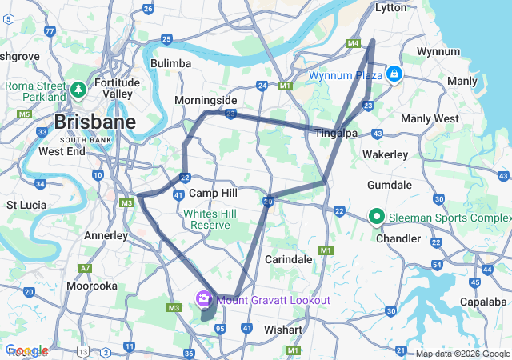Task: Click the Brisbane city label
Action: pyautogui.click(x=95, y=123)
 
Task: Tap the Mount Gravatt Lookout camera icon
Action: pyautogui.click(x=204, y=300)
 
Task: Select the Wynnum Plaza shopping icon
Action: pyautogui.click(x=394, y=74)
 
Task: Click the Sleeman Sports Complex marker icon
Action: pyautogui.click(x=376, y=217)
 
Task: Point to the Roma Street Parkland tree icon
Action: pyautogui.click(x=78, y=89)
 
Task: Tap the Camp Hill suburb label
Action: pyautogui.click(x=213, y=194)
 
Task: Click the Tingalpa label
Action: pyautogui.click(x=336, y=133)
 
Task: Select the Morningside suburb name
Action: pyautogui.click(x=206, y=101)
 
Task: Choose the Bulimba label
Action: pyautogui.click(x=170, y=63)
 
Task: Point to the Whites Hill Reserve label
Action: pyautogui.click(x=206, y=219)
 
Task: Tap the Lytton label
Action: pyautogui.click(x=391, y=6)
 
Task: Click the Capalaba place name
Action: pyautogui.click(x=482, y=302)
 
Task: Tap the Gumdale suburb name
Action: pyautogui.click(x=389, y=185)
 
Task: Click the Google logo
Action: pyautogui.click(x=26, y=350)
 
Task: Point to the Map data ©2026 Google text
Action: pyautogui.click(x=462, y=354)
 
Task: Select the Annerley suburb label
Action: pyautogui.click(x=106, y=235)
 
